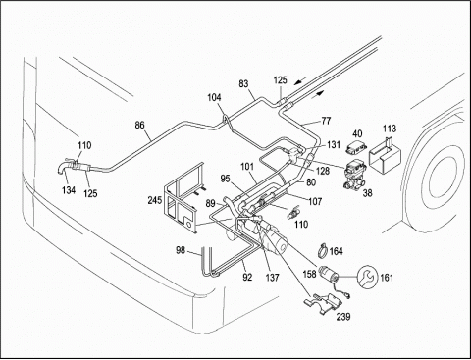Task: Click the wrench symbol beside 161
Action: tap(367, 277)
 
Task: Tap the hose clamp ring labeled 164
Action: tap(323, 250)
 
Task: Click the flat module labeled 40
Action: tap(357, 147)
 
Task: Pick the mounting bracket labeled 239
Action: tap(323, 304)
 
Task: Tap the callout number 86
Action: tap(139, 126)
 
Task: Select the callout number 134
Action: tap(69, 189)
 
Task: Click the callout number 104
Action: tap(214, 97)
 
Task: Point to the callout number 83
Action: tap(243, 84)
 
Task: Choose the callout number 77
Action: tap(326, 121)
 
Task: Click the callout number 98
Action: tap(181, 250)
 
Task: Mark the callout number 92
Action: tap(247, 278)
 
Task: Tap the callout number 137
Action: tap(272, 278)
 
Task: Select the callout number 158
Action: tap(309, 274)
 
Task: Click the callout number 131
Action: tap(334, 144)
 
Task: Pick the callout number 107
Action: tap(315, 201)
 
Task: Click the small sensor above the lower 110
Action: tap(292, 213)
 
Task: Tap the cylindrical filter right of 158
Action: tap(330, 275)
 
